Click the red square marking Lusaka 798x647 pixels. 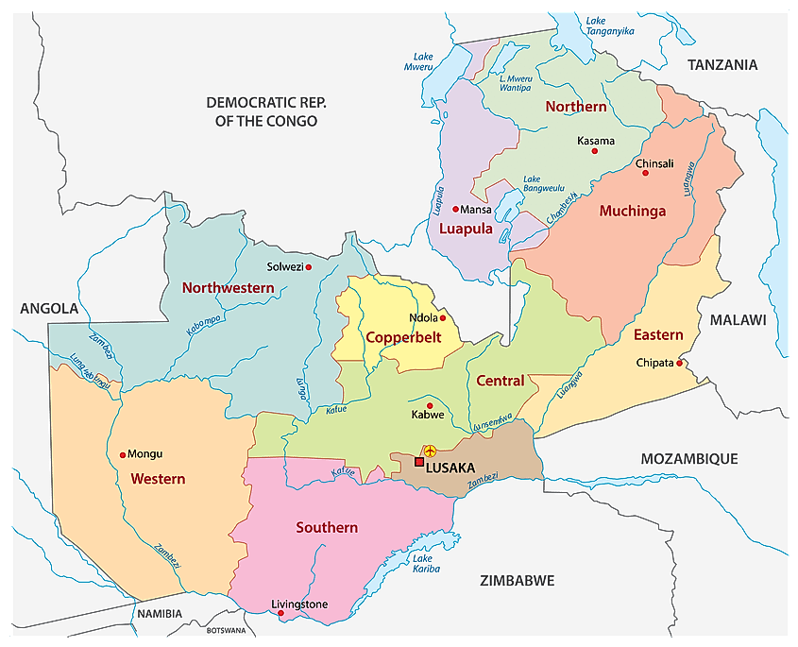point(419,462)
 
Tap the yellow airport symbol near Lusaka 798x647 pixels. point(430,451)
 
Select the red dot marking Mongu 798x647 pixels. point(123,455)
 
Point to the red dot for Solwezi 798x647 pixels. point(308,267)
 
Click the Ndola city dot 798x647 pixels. point(442,318)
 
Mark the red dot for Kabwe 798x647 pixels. point(430,405)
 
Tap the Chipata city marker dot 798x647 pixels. point(679,363)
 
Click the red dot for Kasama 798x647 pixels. point(595,151)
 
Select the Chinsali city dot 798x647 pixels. point(646,173)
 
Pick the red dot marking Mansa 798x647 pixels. point(455,210)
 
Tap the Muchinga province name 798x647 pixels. point(633,212)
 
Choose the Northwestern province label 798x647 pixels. point(228,287)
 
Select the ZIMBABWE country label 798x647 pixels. point(516,580)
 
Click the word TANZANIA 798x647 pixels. point(722,65)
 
